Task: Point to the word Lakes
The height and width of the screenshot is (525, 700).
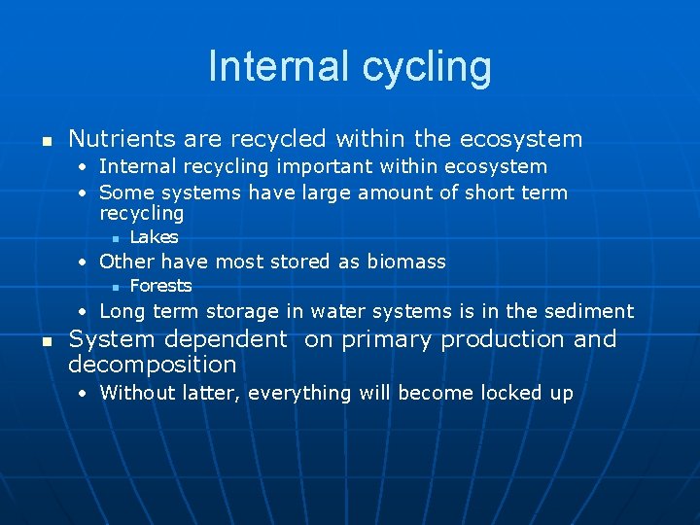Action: click(x=154, y=237)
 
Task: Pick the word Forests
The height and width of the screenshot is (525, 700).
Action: click(x=160, y=286)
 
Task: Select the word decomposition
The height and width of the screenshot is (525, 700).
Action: click(x=152, y=365)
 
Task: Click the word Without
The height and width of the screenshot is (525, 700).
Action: click(x=136, y=393)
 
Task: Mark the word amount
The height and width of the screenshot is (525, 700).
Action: click(x=395, y=192)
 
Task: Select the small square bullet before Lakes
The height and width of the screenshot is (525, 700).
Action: click(x=114, y=238)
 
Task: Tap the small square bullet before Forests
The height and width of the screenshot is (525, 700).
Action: click(x=114, y=287)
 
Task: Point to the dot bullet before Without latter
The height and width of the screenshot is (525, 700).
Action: click(x=85, y=393)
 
